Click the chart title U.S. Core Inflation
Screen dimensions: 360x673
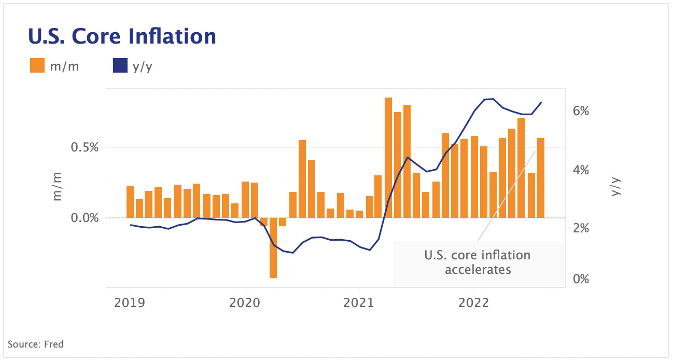tap(121, 36)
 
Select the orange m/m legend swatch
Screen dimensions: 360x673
tap(37, 66)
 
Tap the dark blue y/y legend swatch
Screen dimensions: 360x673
tap(120, 66)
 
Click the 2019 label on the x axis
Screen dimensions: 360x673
tap(130, 302)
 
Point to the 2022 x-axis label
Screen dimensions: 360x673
tap(474, 302)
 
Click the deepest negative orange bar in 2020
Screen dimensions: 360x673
tap(273, 248)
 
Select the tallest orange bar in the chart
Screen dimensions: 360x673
tap(388, 157)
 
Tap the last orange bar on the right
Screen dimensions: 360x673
tap(541, 178)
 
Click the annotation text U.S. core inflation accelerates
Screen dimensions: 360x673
tap(477, 262)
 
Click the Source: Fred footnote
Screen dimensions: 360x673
tap(36, 344)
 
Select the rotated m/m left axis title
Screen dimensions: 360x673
tap(57, 186)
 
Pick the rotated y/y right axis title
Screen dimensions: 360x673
tap(616, 186)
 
